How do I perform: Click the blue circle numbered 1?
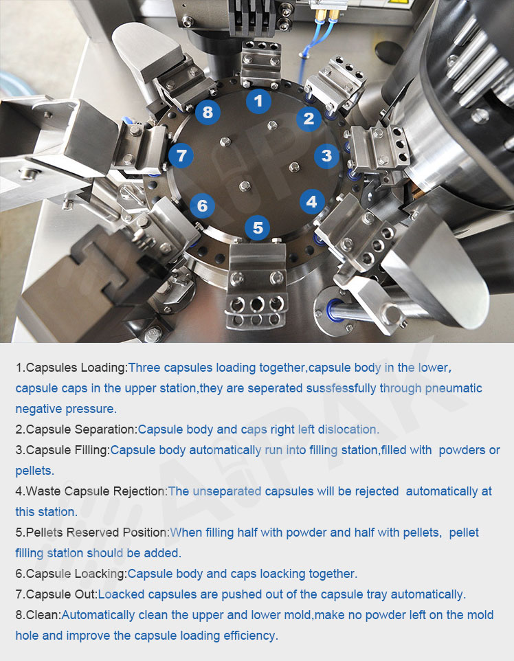258,101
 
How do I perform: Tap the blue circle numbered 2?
309,119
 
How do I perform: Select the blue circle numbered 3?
327,155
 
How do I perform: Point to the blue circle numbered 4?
312,201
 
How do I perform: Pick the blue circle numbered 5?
258,227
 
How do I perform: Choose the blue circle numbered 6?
203,205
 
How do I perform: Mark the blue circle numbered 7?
181,155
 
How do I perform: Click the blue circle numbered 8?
208,112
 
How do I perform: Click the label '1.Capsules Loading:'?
71,368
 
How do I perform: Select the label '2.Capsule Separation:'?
77,429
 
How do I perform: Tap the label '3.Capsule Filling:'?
63,450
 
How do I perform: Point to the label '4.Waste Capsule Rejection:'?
91,491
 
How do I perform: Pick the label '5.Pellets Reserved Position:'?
92,533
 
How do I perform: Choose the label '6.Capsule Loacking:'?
71,574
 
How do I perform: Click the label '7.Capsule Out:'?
56,595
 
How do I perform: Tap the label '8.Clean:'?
38,616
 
